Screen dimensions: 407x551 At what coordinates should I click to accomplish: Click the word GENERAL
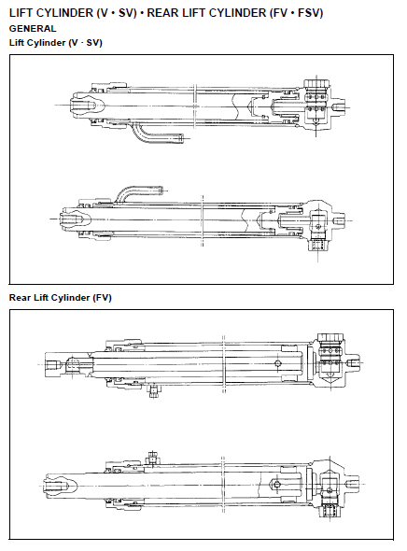33,28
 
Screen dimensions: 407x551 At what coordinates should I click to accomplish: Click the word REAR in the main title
162,13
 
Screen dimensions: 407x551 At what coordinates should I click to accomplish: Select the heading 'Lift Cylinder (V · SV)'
55,43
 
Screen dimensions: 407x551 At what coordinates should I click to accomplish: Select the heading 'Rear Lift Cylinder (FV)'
60,298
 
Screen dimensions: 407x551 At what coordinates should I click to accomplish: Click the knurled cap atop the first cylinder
316,83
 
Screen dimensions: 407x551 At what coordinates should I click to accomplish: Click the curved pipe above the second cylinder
139,192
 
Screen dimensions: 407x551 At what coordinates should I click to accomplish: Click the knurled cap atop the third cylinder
330,337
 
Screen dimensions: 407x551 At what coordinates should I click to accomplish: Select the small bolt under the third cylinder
153,390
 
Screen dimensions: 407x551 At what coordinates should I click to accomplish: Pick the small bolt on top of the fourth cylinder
152,458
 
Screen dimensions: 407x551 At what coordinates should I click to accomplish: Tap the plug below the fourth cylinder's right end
330,511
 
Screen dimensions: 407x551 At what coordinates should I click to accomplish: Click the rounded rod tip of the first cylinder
83,105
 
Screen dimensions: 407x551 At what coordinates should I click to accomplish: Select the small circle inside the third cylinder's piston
278,363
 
